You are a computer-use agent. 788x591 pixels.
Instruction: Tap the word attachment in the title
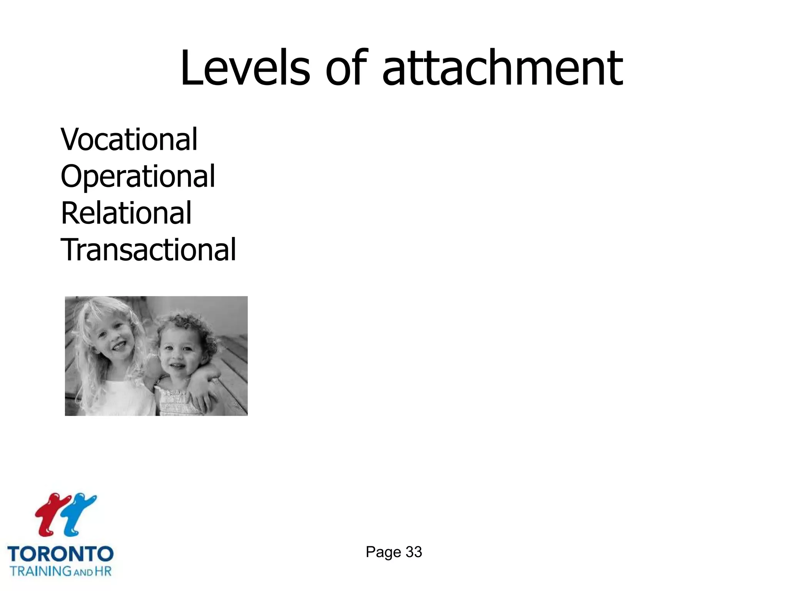pyautogui.click(x=503, y=69)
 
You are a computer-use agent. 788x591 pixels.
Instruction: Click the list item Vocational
pyautogui.click(x=129, y=139)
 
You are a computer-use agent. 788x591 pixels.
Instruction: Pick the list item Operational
pyautogui.click(x=138, y=176)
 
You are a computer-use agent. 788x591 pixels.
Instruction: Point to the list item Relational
pyautogui.click(x=126, y=213)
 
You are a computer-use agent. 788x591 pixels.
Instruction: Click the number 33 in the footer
pyautogui.click(x=414, y=552)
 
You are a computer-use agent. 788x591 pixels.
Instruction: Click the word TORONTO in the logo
pyautogui.click(x=60, y=554)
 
